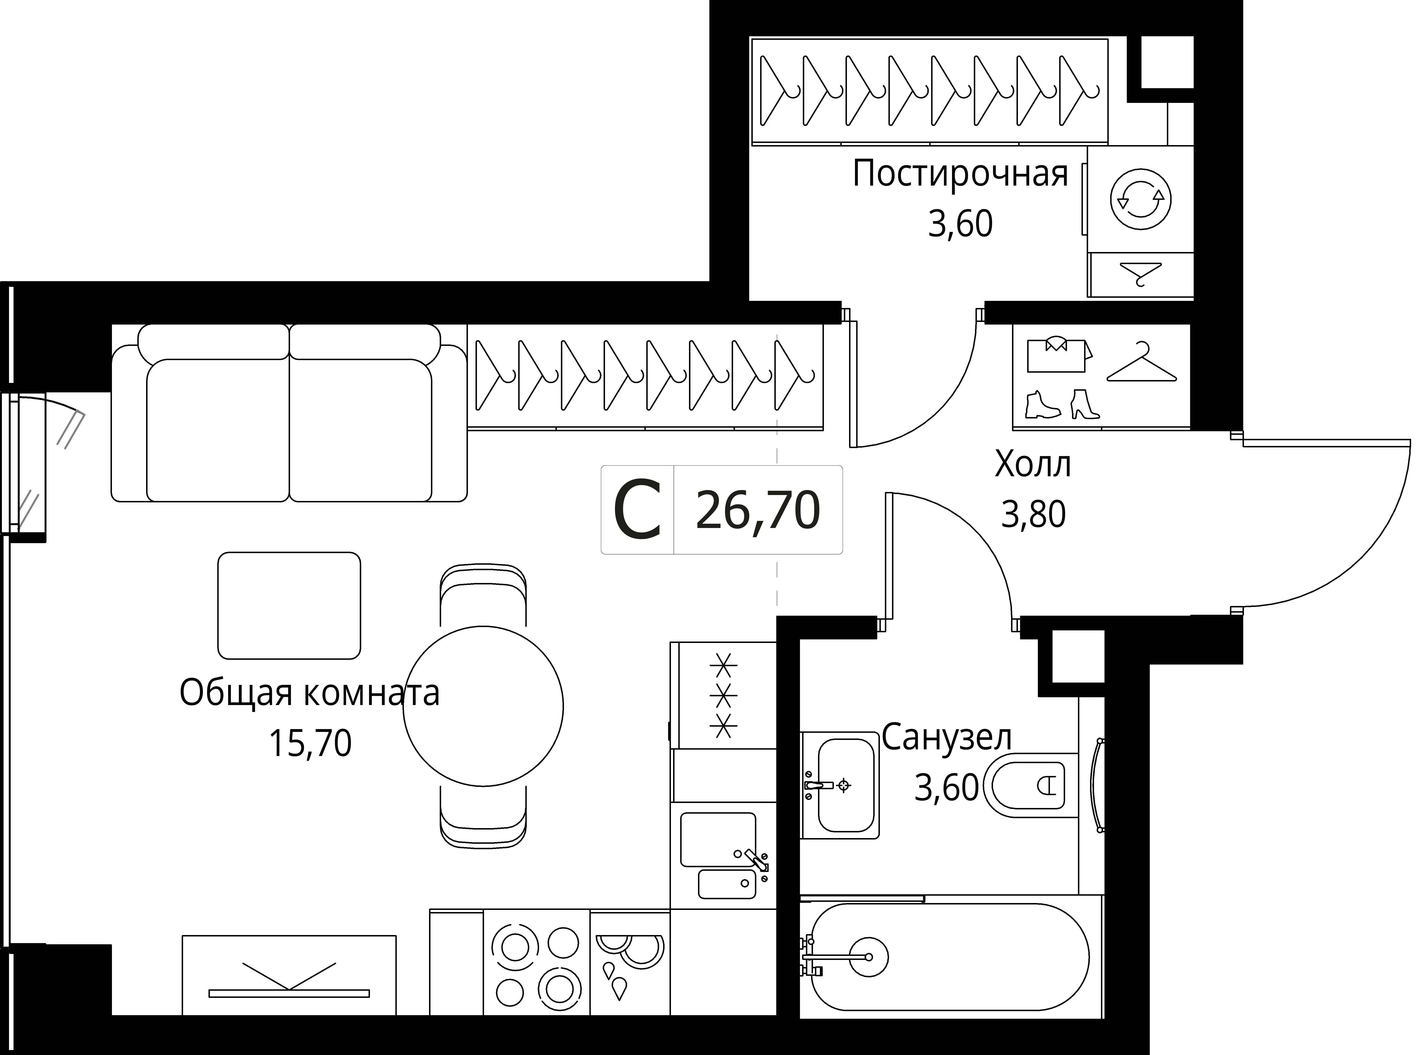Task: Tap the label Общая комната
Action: pyautogui.click(x=310, y=693)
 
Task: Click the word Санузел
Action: pyautogui.click(x=947, y=738)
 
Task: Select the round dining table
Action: pyautogui.click(x=483, y=706)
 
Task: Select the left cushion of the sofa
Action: pyautogui.click(x=218, y=430)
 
